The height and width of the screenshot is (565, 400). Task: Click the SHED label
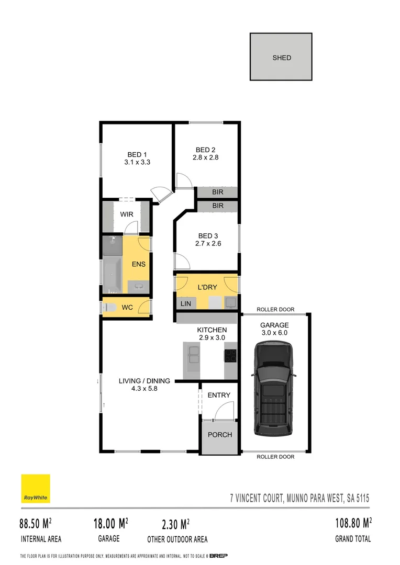282,58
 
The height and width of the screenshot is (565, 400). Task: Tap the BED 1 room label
137,154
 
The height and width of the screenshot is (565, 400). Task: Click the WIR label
126,214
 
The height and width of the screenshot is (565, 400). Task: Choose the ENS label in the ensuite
138,264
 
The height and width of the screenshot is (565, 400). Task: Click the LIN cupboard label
186,303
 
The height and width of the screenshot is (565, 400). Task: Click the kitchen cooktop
230,356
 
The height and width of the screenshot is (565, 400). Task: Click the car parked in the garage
272,388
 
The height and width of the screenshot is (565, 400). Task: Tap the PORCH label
220,435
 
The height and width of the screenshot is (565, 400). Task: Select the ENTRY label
219,395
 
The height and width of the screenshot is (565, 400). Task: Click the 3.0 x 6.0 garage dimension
274,332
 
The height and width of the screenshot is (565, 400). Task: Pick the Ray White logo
36,489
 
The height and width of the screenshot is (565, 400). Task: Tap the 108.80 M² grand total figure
353,523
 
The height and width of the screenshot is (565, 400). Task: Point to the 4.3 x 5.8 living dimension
138,389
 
